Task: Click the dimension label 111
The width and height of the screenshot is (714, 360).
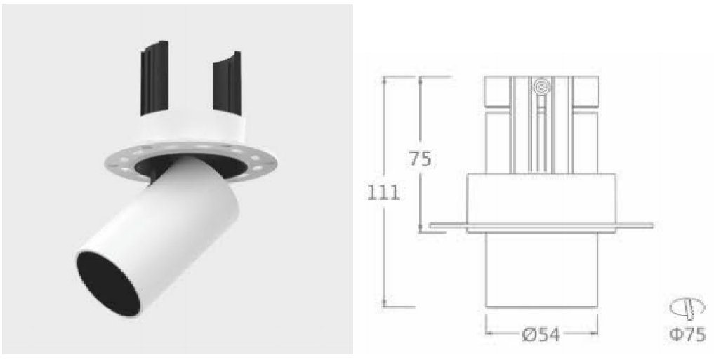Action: pyautogui.click(x=384, y=194)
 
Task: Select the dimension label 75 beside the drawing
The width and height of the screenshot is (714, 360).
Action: pyautogui.click(x=419, y=159)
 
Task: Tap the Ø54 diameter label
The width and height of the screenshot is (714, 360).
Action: pyautogui.click(x=541, y=336)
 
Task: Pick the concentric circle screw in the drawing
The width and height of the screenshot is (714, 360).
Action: pyautogui.click(x=541, y=86)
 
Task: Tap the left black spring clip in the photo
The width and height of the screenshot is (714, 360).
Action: pyautogui.click(x=154, y=77)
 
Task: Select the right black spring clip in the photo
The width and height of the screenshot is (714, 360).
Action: pyautogui.click(x=227, y=82)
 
